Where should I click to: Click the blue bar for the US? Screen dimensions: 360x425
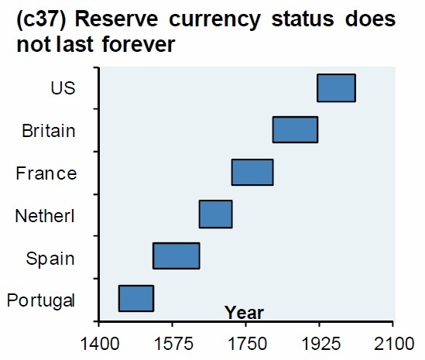coord(336,87)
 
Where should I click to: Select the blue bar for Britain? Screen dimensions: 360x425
coord(295,129)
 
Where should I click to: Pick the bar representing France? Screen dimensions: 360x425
coord(252,172)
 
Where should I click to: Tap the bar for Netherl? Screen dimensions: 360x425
coord(215,214)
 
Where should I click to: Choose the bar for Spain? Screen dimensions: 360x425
coord(177,255)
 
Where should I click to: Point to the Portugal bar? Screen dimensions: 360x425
coord(135,298)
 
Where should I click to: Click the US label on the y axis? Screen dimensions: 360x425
coord(63,87)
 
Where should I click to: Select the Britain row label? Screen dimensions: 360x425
coord(49,130)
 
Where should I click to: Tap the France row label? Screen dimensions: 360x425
coord(46,173)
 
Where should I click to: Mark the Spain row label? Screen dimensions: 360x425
coord(51,257)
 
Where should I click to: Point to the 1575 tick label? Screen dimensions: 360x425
coord(172,341)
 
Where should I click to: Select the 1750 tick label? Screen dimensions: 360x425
coord(246,341)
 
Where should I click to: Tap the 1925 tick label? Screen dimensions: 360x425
coord(320,341)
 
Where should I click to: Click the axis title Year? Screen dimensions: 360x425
coord(244,314)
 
